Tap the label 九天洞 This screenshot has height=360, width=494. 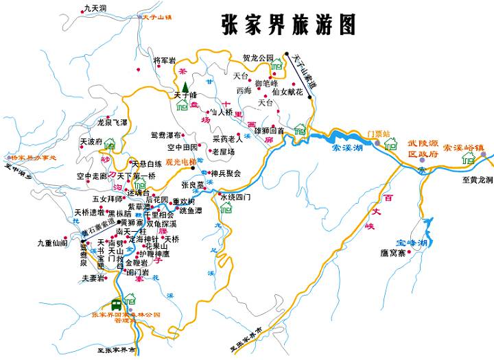95,8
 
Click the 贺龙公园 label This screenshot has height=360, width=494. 258,58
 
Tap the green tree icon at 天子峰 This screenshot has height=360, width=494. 184,86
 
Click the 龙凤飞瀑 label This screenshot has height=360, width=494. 113,122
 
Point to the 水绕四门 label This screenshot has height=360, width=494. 235,197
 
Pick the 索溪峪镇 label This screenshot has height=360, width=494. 463,147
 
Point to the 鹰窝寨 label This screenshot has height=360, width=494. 393,252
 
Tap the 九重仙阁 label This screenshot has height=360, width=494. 52,242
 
